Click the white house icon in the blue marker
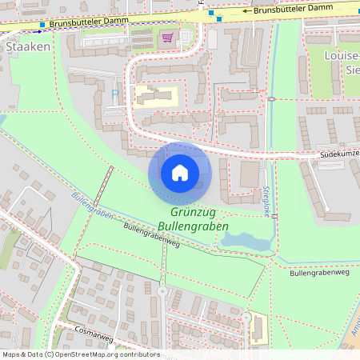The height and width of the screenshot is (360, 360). [179, 172]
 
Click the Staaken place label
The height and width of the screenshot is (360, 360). [28, 46]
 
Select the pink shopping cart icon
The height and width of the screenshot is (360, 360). [167, 37]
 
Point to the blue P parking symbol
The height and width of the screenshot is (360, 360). [114, 94]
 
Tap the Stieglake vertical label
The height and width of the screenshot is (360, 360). [267, 196]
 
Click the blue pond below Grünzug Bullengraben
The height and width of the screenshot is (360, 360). [244, 239]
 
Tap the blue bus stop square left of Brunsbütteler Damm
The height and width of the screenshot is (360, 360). [42, 25]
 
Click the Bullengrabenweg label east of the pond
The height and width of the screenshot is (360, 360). [320, 273]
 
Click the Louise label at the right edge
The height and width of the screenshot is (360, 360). [342, 56]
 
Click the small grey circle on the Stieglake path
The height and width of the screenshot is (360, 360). [271, 98]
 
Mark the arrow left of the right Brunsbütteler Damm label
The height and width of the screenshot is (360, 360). [247, 10]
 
